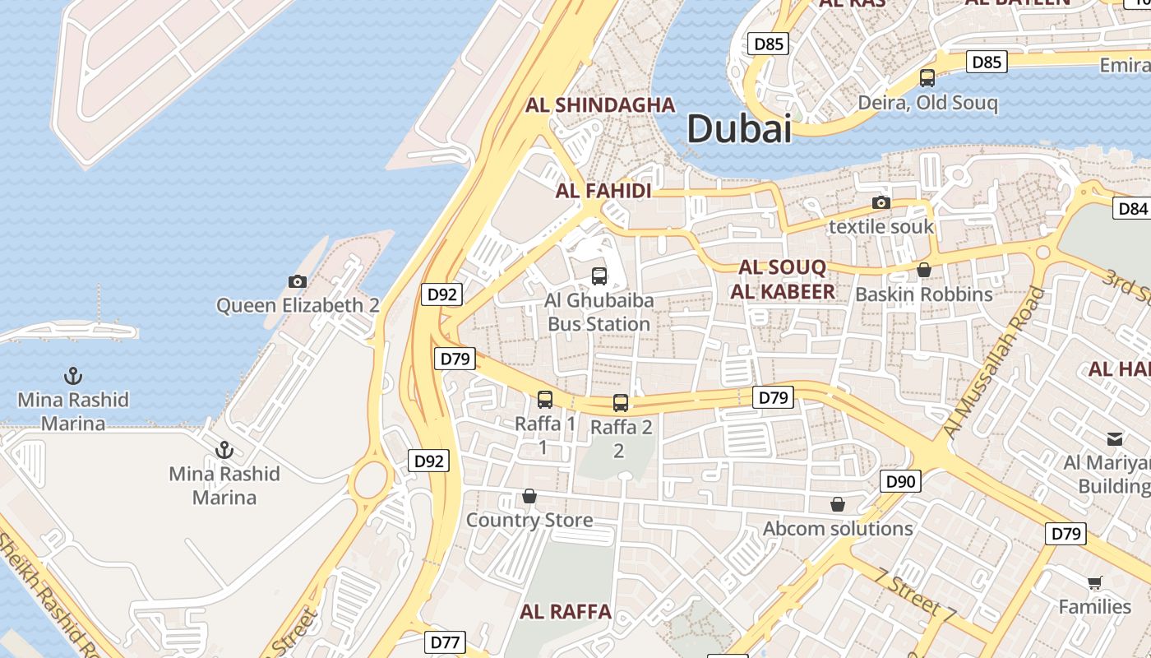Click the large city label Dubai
tap(738, 129)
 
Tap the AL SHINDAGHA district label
tap(600, 104)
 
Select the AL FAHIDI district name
tap(603, 191)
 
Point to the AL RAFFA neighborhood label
tap(566, 611)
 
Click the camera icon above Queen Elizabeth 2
tap(298, 281)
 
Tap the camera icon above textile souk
tap(881, 202)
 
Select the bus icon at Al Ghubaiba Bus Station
tap(599, 276)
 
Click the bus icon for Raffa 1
tap(545, 400)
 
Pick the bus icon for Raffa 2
tap(621, 403)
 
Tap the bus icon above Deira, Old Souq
tap(927, 78)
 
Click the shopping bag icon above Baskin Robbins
tap(924, 270)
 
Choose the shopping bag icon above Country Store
tap(529, 497)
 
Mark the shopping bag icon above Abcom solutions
tap(838, 503)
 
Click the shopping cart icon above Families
tap(1094, 582)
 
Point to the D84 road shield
tap(1132, 208)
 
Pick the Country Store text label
tap(529, 520)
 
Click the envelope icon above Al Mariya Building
tap(1115, 439)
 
